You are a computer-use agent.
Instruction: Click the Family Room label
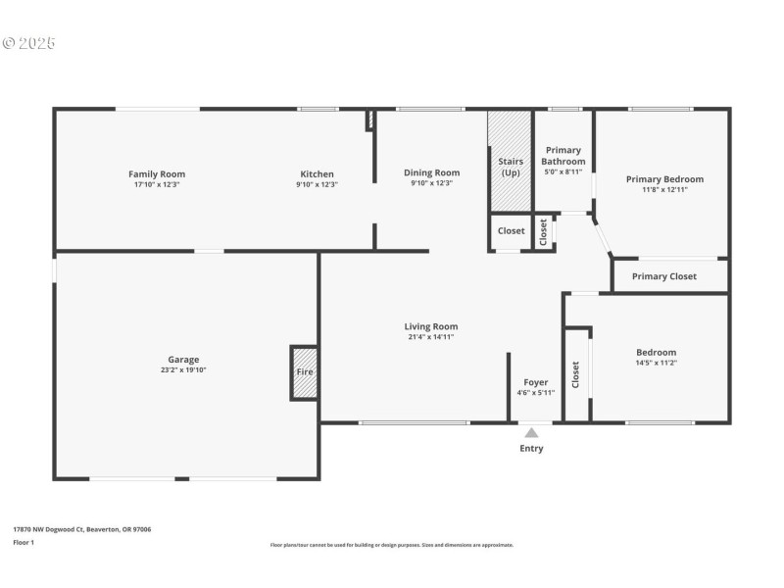click(157, 174)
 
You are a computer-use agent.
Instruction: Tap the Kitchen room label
click(317, 174)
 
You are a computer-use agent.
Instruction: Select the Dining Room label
click(431, 172)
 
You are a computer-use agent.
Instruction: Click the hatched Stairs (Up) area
click(511, 162)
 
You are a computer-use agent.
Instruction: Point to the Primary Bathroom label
click(564, 156)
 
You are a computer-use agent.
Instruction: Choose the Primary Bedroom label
click(664, 179)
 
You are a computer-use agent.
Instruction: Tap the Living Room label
click(431, 326)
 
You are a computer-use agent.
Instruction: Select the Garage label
click(183, 360)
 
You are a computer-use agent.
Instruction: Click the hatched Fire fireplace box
click(304, 372)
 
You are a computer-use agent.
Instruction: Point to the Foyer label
click(536, 382)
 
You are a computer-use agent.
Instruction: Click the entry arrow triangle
click(530, 432)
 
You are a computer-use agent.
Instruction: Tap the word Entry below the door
click(530, 449)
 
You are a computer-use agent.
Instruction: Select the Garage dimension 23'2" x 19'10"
click(183, 370)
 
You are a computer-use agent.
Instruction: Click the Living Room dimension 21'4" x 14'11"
click(431, 337)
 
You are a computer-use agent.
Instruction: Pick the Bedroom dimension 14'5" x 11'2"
click(656, 363)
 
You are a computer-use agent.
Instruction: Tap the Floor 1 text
click(24, 542)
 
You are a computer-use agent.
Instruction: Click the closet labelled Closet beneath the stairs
click(511, 231)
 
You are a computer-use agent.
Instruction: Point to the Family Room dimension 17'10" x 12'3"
click(157, 184)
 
